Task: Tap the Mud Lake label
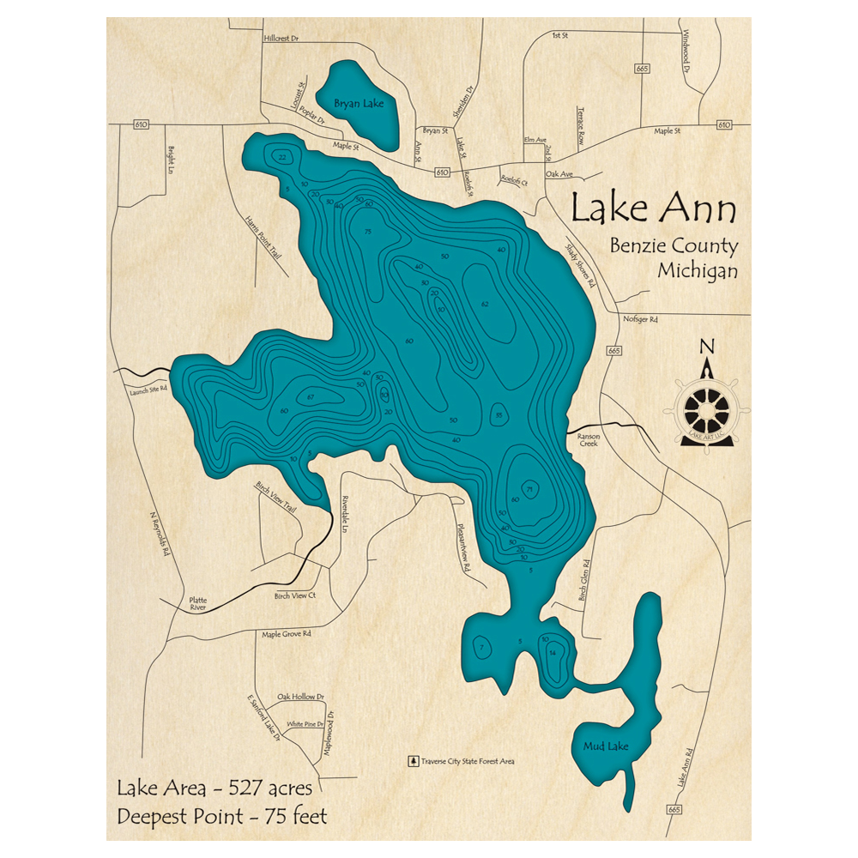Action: coord(606,746)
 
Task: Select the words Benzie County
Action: coord(674,246)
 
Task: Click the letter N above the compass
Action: coord(707,347)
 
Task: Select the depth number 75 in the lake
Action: coord(367,233)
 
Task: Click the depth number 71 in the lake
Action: coord(531,489)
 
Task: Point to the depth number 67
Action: coord(311,396)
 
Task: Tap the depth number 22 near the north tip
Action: coord(282,157)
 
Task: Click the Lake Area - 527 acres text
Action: coord(214,788)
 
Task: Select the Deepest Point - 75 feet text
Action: coord(222,816)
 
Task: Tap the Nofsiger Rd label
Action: coord(641,319)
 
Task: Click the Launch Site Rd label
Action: coord(147,388)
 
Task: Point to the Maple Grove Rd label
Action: coord(286,635)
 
